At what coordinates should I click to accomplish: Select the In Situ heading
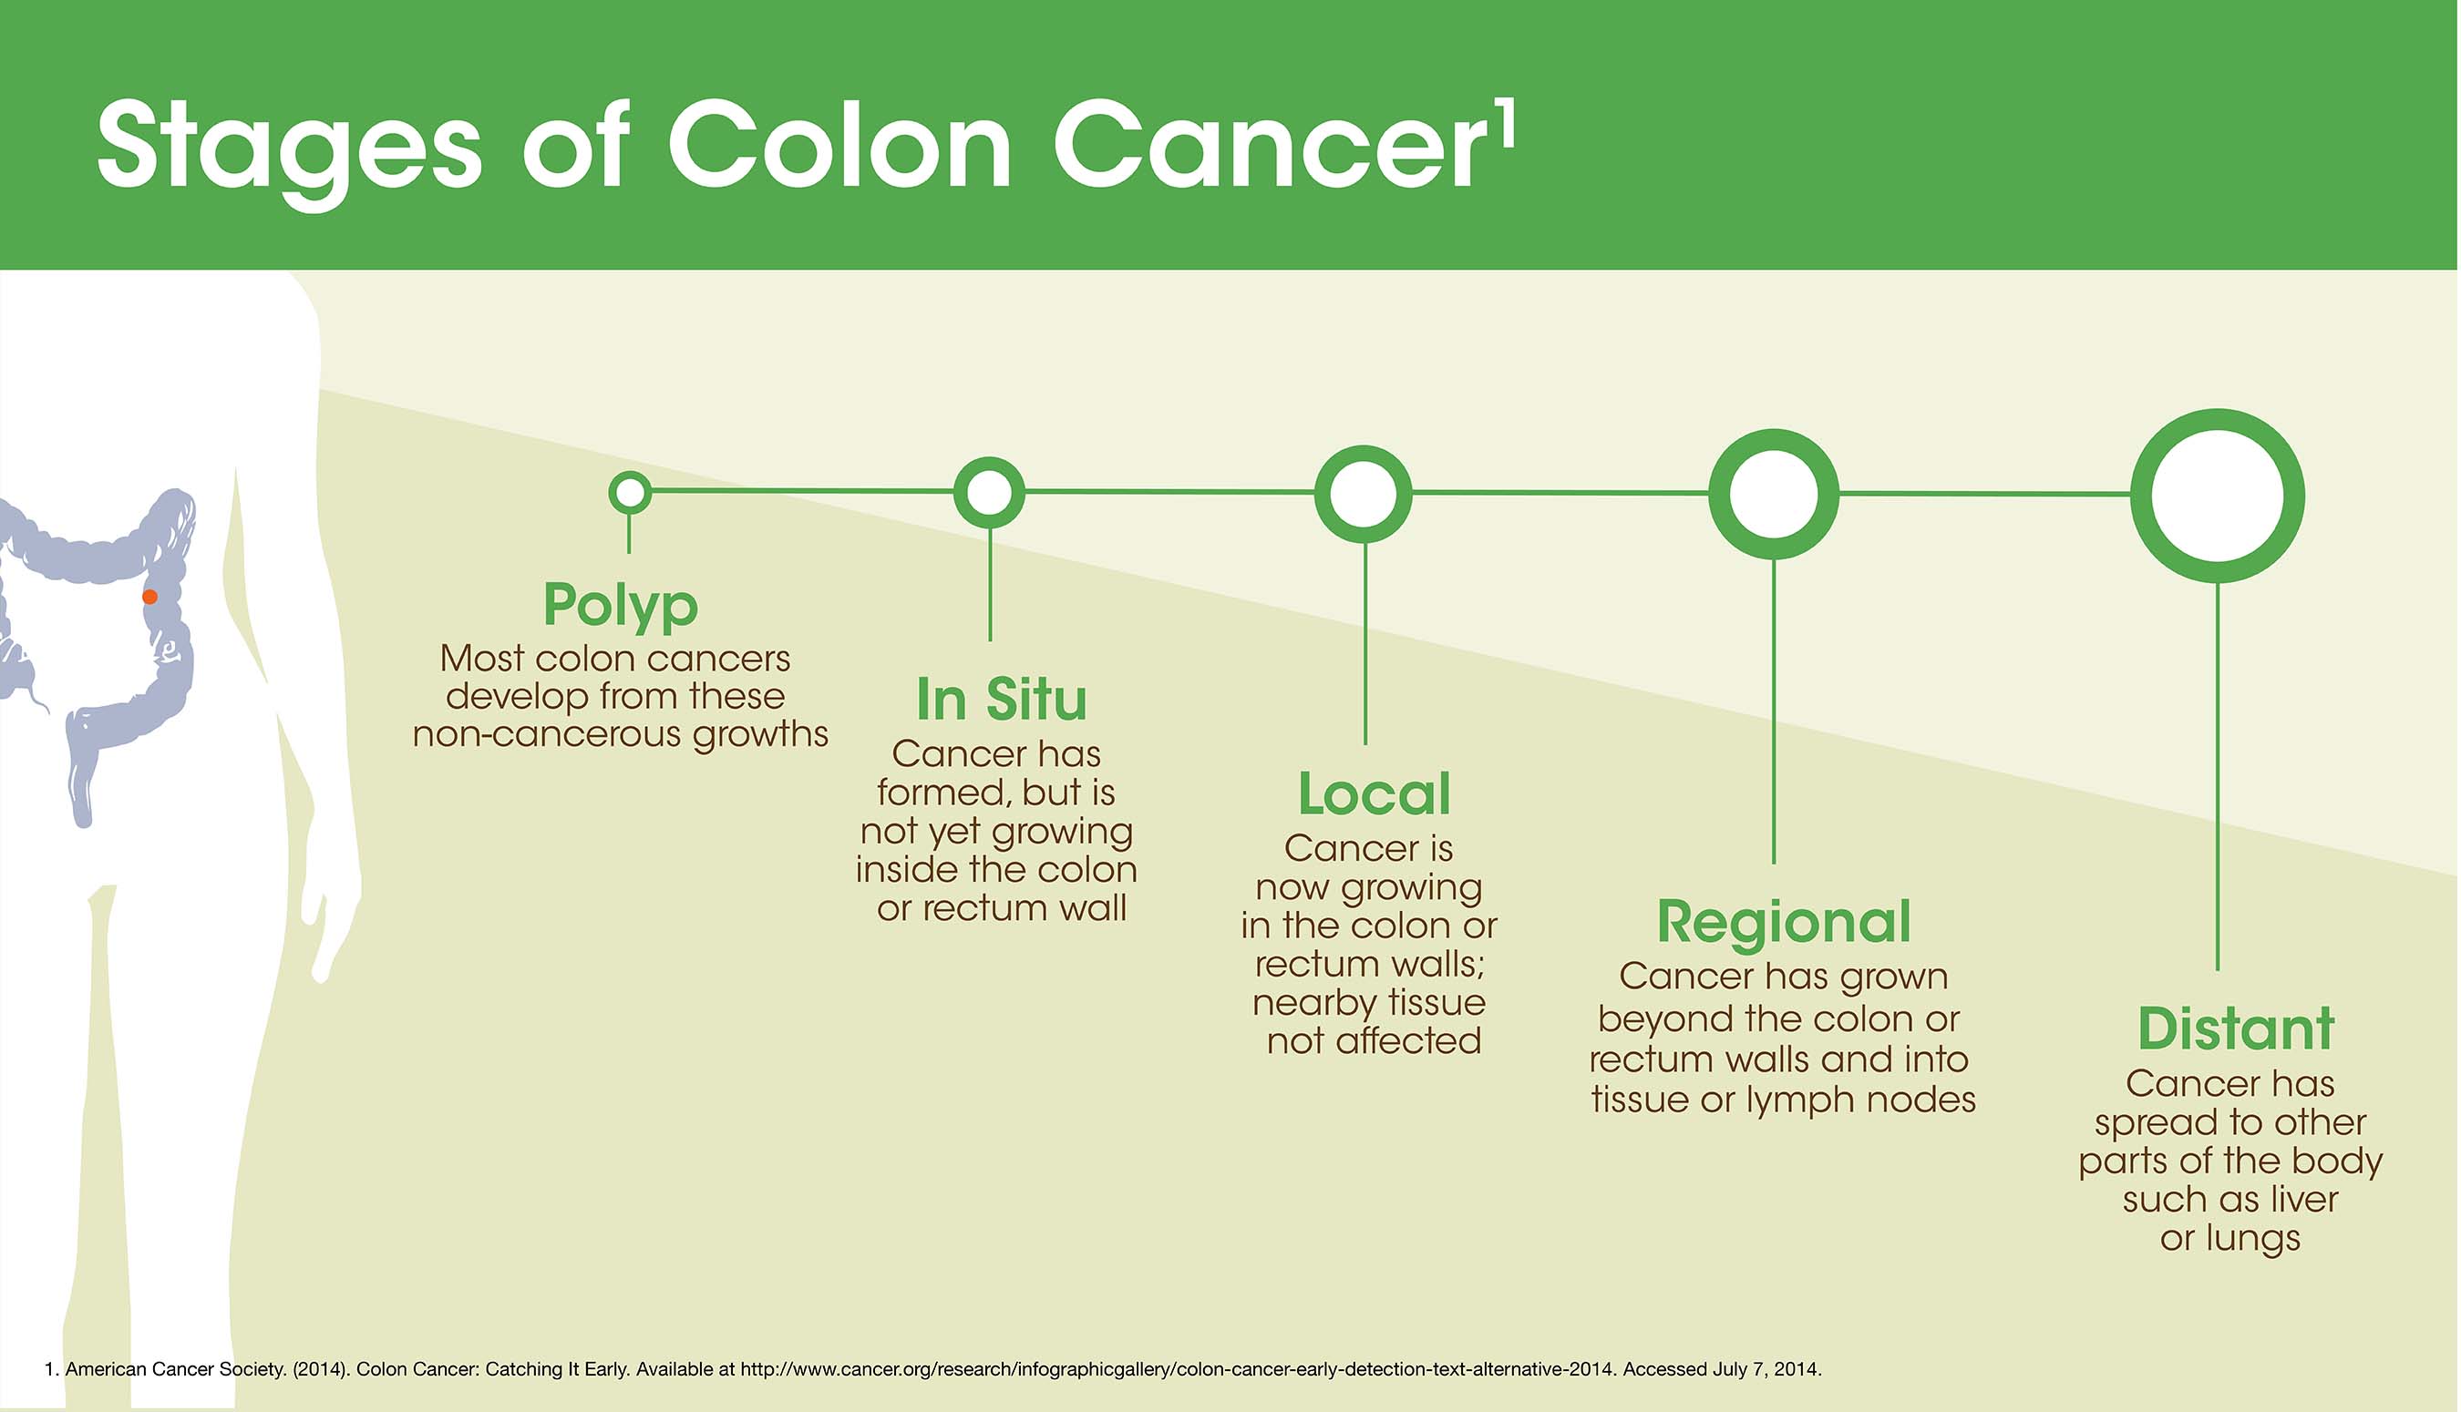click(x=1001, y=700)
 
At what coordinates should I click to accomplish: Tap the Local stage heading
click(x=1374, y=794)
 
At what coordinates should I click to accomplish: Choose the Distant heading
click(x=2236, y=1028)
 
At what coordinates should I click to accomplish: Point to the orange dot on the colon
click(x=149, y=597)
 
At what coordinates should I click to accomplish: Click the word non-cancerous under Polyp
click(x=547, y=735)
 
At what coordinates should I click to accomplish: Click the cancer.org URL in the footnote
click(x=1177, y=1369)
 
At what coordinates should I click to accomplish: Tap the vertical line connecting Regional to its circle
click(x=1775, y=711)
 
